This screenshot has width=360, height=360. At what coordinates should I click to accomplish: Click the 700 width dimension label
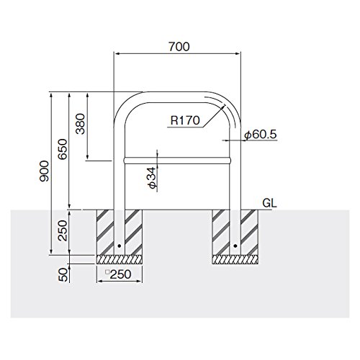click(179, 47)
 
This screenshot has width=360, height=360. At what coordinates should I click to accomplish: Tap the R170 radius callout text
click(185, 120)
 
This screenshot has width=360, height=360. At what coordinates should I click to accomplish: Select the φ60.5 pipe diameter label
click(261, 135)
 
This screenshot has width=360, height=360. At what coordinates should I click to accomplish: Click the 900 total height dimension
click(44, 171)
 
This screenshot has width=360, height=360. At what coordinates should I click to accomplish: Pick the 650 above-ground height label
click(63, 149)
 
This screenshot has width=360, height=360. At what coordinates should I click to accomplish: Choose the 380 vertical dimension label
click(81, 124)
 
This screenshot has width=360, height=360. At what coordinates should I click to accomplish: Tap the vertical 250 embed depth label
click(63, 230)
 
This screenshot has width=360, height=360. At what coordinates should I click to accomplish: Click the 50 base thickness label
click(63, 275)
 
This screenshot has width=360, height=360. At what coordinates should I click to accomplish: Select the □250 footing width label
click(119, 274)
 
